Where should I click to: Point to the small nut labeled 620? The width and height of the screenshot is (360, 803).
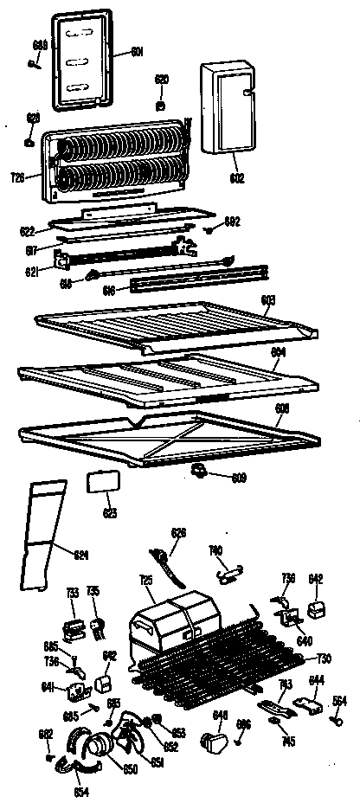tap(161, 105)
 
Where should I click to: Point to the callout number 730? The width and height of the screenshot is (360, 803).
tap(325, 658)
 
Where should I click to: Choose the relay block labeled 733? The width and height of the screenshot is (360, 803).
tap(74, 623)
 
